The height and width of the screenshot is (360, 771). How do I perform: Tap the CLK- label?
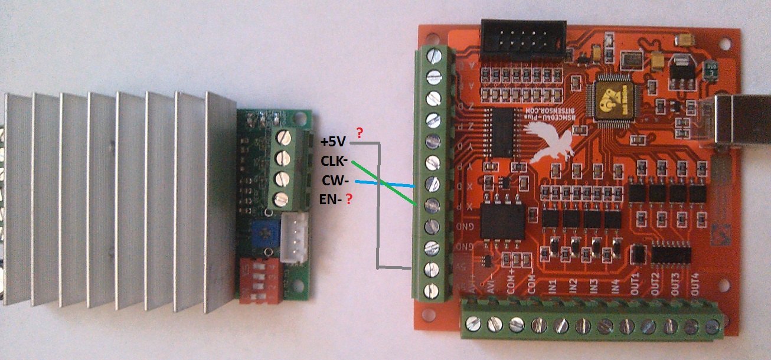[334, 161]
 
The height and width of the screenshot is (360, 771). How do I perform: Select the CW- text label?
[335, 180]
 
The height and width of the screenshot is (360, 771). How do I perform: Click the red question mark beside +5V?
[360, 133]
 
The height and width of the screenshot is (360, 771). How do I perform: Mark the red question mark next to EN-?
[349, 199]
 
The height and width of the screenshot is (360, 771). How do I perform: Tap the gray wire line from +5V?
[377, 207]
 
